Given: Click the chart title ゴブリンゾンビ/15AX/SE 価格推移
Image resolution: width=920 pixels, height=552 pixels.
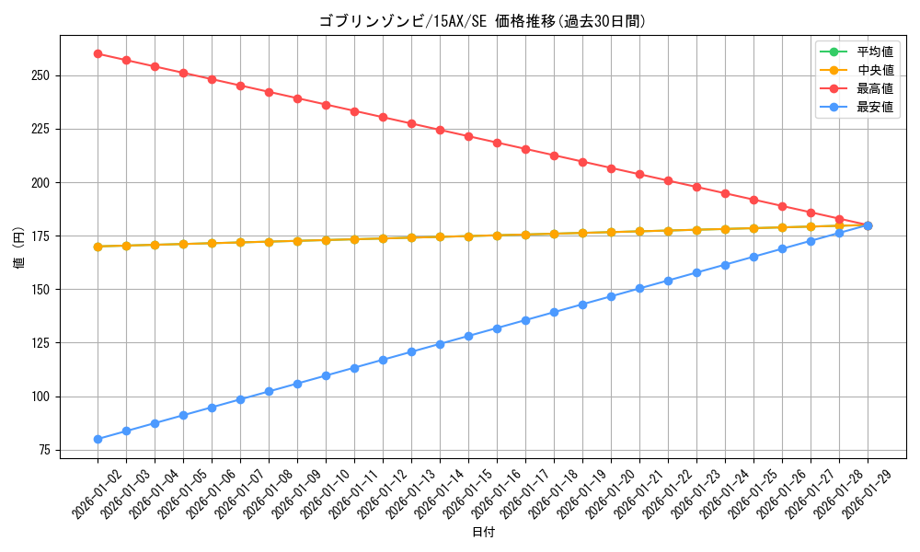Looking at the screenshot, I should tap(482, 21).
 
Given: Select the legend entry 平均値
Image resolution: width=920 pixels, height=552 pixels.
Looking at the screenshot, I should tap(875, 52).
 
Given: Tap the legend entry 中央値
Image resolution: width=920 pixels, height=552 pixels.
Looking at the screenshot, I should tap(875, 70).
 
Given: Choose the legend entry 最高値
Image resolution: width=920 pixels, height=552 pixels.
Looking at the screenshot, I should tap(875, 88).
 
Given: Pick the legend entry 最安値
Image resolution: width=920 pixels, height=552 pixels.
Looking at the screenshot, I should tap(875, 107).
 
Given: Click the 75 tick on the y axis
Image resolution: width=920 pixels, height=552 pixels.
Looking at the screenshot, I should tap(44, 450).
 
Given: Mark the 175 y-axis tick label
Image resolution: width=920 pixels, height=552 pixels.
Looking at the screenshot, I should tap(41, 236).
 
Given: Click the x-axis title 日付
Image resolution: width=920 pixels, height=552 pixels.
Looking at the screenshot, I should tap(483, 533).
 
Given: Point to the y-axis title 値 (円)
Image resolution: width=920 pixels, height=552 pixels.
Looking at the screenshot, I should tap(18, 247).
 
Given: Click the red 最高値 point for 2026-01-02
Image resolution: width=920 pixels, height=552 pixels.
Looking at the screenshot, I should tap(98, 53).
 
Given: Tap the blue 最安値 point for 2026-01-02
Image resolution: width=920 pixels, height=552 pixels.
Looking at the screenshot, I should tap(98, 439).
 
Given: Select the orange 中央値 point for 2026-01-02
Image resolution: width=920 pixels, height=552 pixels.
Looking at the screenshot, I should tap(98, 247).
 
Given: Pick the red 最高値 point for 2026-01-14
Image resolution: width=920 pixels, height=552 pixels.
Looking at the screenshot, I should tap(440, 130).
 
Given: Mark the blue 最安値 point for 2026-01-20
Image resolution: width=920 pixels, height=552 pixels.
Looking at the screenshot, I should tap(611, 296).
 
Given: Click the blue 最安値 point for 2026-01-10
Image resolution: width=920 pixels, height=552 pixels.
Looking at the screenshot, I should tap(326, 375).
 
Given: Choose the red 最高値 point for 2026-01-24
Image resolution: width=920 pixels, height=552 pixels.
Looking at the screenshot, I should tap(725, 193).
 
